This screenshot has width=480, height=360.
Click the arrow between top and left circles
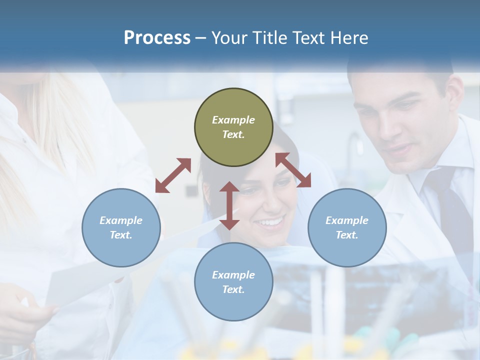pos(173,175)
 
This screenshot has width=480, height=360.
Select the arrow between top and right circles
pos(293,170)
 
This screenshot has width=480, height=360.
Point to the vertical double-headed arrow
pos(229,205)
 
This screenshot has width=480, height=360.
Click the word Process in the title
pos(157,37)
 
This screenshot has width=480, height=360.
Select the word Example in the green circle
pos(233,120)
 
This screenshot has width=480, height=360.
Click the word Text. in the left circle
pos(121,235)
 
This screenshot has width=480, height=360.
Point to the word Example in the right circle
pos(347,220)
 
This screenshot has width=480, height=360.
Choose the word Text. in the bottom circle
pos(233,289)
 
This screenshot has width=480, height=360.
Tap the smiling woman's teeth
pos(270,221)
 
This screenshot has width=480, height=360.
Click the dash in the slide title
pos(201,38)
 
